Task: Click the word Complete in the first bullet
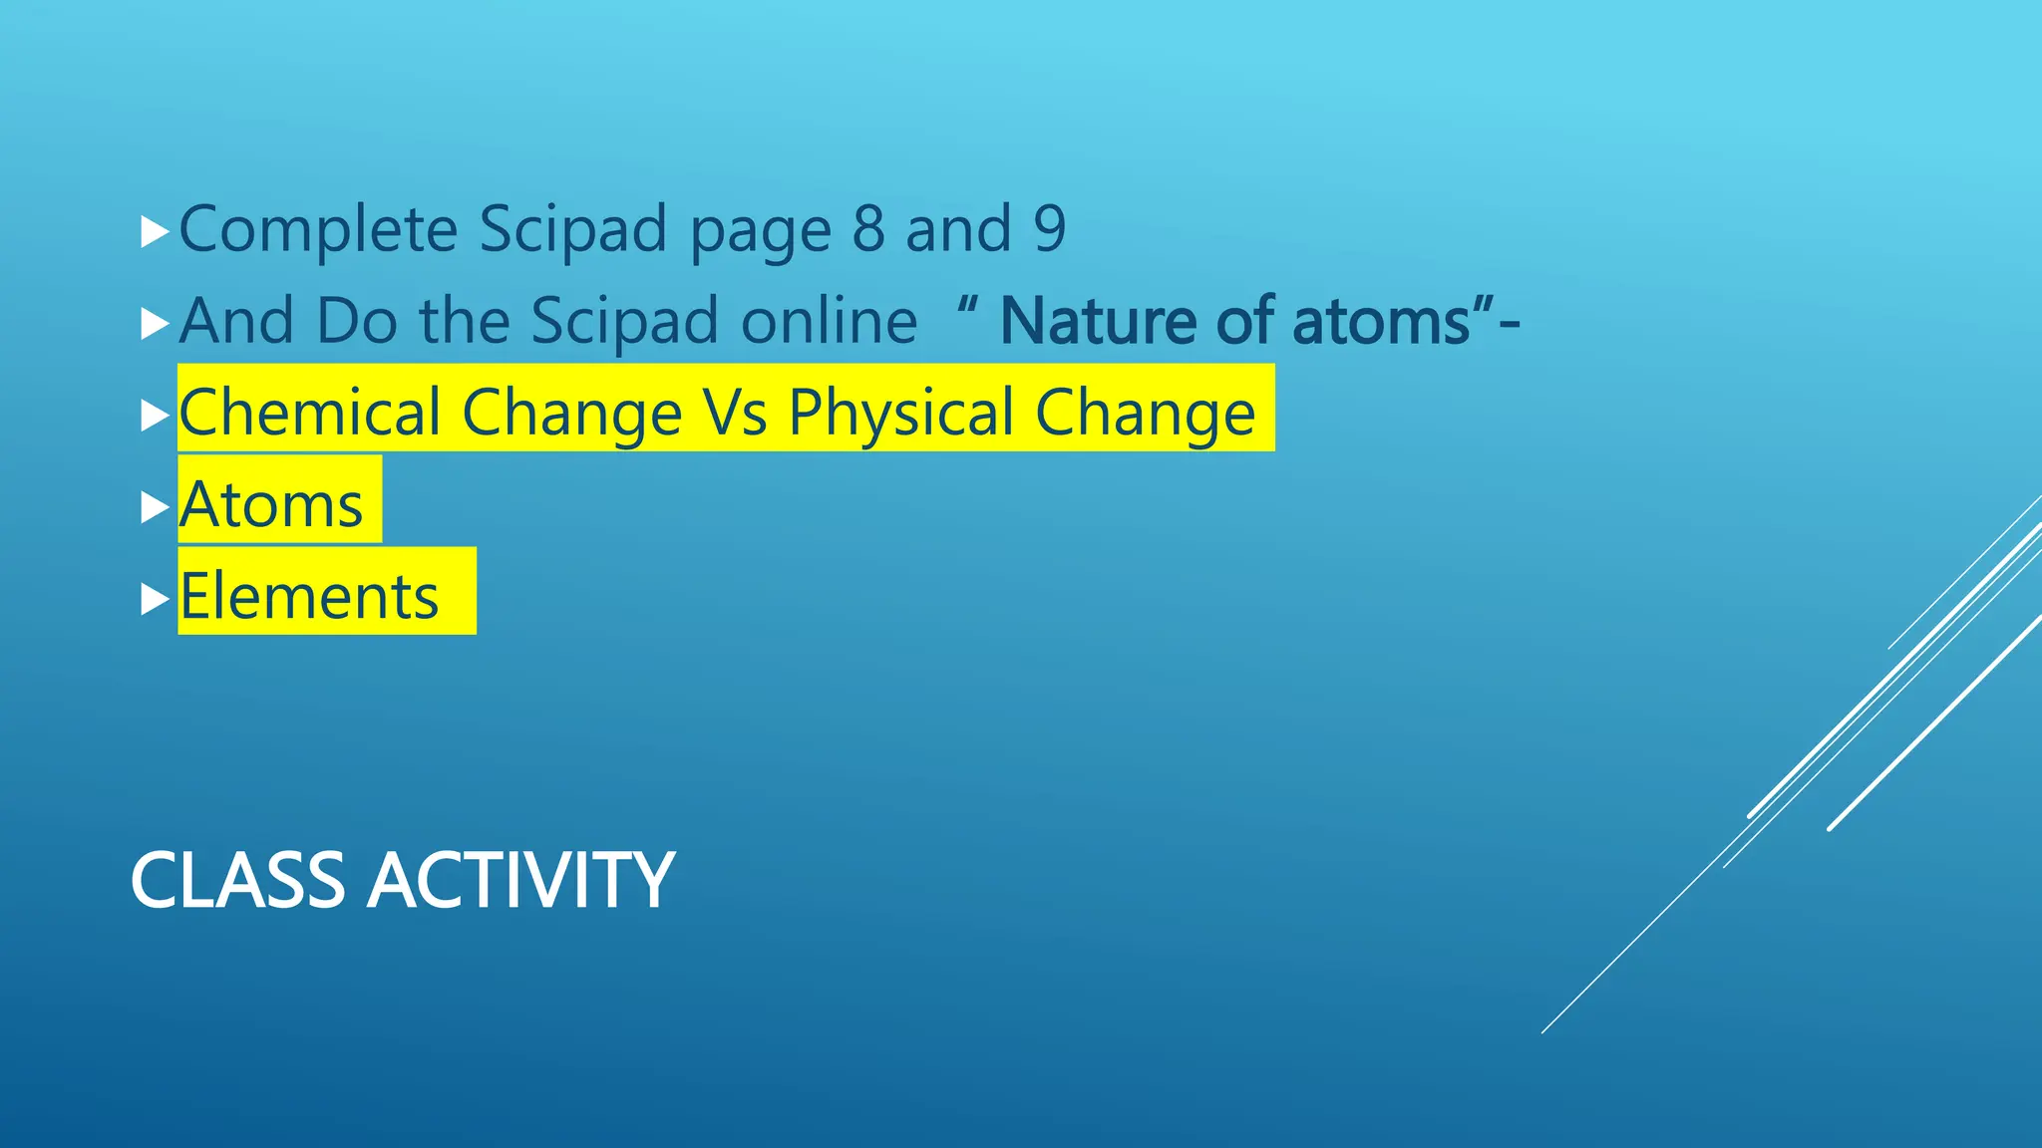coord(317,229)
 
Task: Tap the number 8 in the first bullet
coord(868,229)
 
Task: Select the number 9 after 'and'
coord(1049,229)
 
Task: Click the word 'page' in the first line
coord(760,231)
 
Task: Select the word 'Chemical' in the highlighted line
coord(310,413)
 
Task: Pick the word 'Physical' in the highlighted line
coord(900,413)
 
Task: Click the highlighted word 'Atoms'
coord(271,504)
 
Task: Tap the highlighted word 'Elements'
coord(309,596)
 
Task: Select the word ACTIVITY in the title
coord(520,881)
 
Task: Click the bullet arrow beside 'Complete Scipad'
coord(155,233)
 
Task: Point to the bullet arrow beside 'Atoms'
coord(155,507)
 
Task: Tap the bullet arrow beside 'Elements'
coord(155,599)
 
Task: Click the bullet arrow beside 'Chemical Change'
coord(155,416)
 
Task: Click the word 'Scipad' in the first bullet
coord(572,229)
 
